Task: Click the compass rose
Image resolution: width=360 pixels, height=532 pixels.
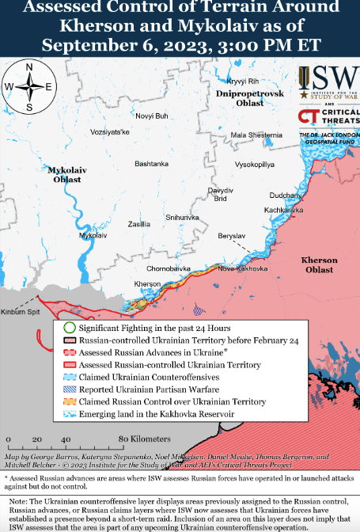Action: click(29, 86)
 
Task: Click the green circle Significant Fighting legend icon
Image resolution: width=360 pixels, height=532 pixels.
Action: click(69, 328)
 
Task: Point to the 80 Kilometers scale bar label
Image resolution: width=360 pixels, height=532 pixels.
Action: click(145, 439)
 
